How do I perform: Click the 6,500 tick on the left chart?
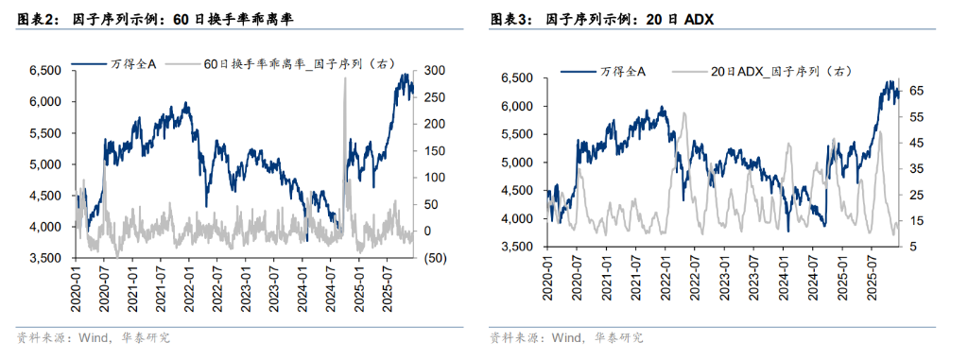click(x=44, y=71)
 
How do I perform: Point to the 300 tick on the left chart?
click(x=434, y=71)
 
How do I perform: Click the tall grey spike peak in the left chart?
click(x=344, y=78)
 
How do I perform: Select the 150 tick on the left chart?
click(x=434, y=151)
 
